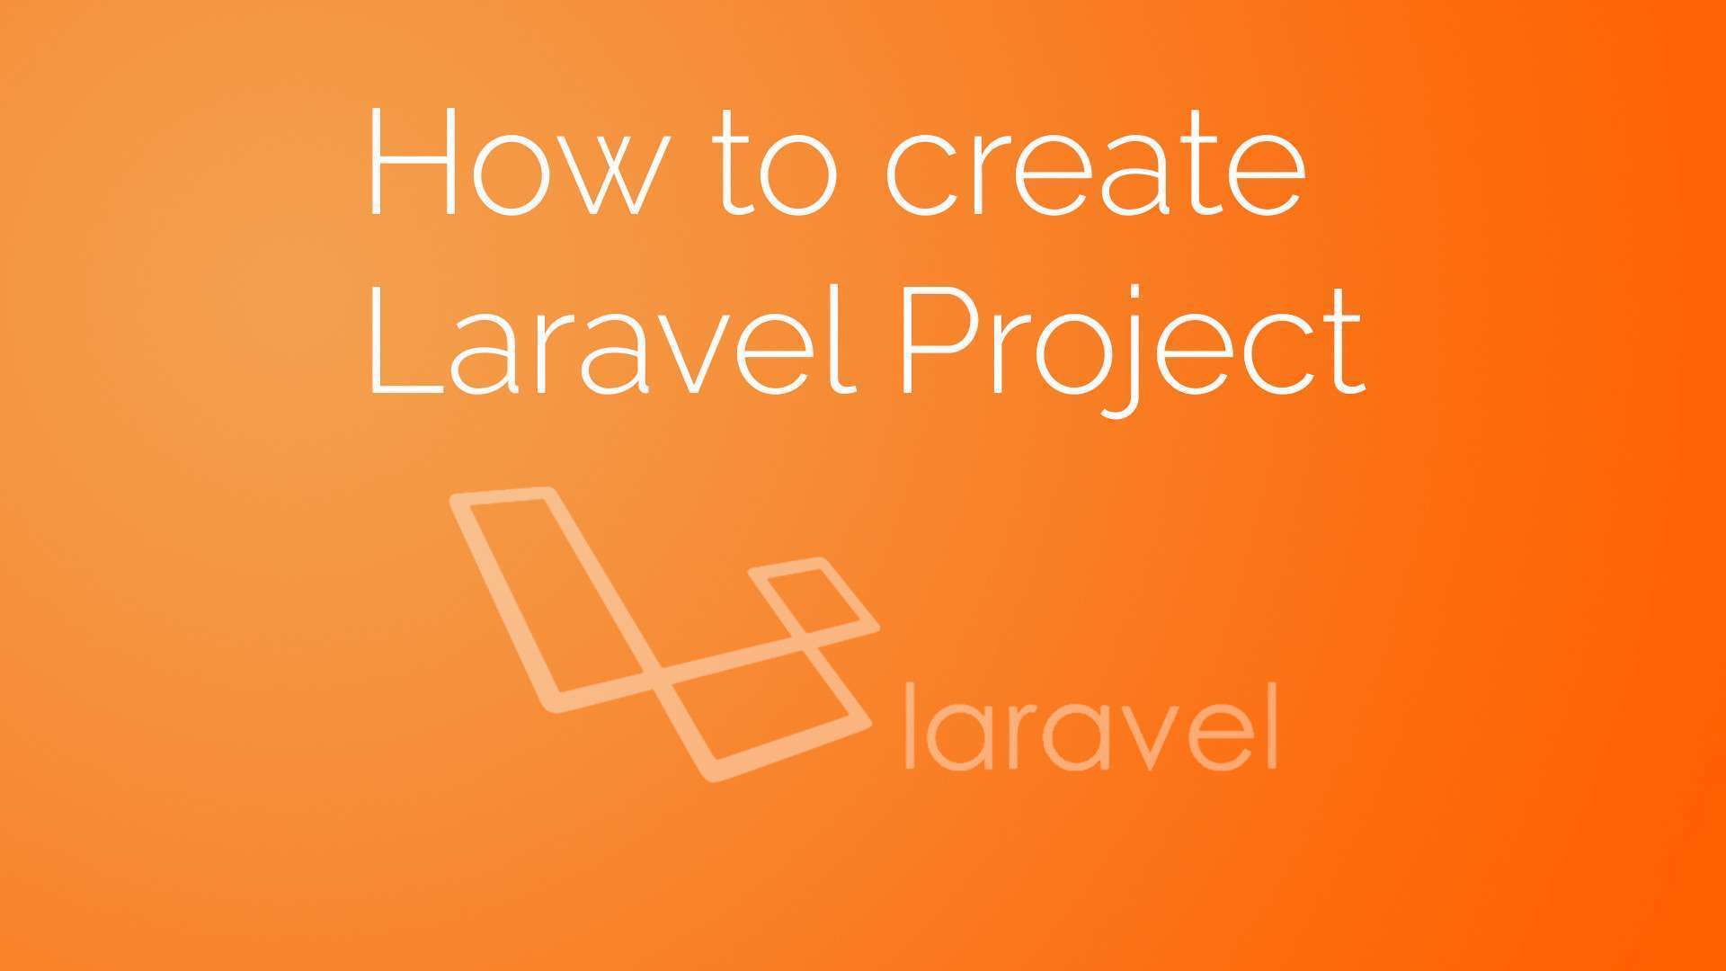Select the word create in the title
coord(1095,168)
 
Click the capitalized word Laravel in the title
coord(609,339)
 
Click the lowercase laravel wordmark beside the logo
coord(1090,726)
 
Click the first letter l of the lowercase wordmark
coord(910,726)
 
